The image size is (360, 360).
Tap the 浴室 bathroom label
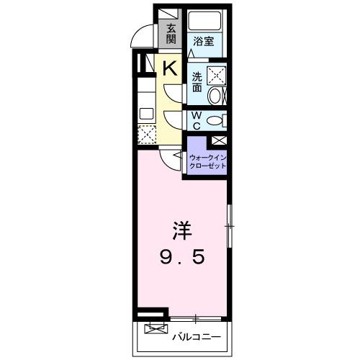204,42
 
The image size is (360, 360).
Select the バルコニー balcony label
195,335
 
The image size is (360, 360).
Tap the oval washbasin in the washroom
217,96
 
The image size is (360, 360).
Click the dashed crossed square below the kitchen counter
146,135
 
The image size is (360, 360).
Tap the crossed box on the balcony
155,330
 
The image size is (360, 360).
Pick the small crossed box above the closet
219,141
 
